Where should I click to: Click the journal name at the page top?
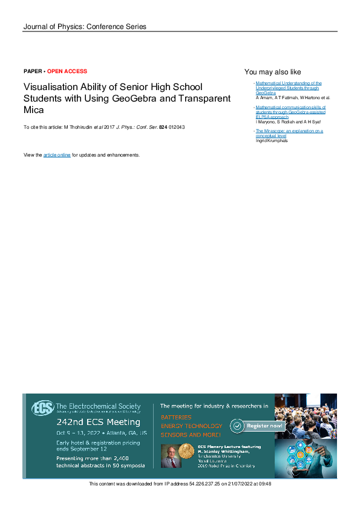85,27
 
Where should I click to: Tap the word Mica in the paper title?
34,111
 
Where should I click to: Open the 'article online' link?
57,155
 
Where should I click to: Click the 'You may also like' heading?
272,72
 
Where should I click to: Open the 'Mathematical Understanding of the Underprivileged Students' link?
288,87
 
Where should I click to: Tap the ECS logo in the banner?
42,408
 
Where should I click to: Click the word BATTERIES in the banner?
176,417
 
